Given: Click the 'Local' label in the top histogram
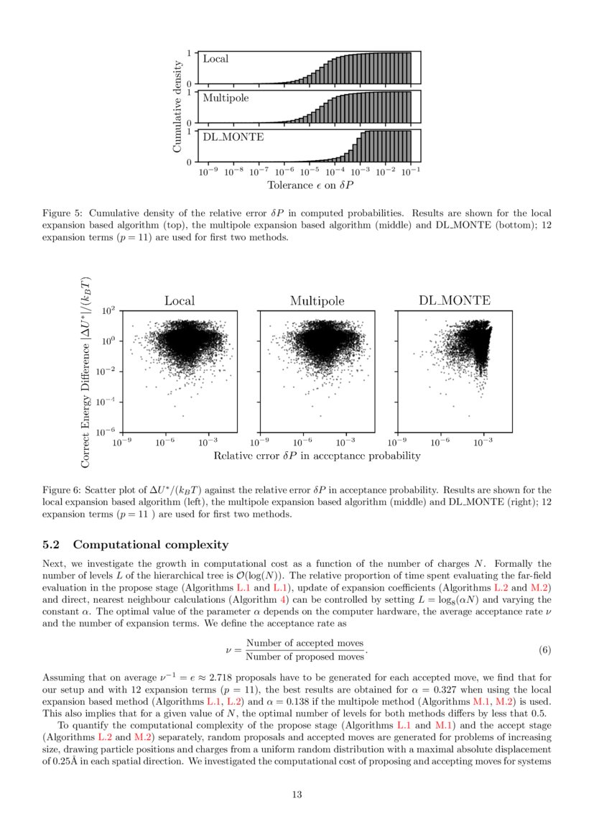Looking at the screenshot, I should tap(215, 59).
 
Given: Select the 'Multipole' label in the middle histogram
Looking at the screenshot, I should tap(226, 98).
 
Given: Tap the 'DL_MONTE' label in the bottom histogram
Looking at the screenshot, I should tap(233, 137).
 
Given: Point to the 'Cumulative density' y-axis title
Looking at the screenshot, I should tap(177, 106).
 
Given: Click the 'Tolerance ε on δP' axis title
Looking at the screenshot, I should tap(310, 185).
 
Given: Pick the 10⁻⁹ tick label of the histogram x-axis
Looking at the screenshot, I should tap(208, 172).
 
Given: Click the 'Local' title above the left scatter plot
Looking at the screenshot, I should tap(179, 301).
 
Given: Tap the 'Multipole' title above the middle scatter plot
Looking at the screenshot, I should tap(317, 301).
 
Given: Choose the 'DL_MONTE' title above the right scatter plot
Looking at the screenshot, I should tap(455, 301).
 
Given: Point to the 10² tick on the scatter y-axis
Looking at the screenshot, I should tap(110, 311).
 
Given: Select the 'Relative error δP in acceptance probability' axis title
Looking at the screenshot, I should tap(317, 456).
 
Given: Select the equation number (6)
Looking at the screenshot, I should tap(544, 650).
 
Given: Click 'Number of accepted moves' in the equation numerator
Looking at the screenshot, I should tap(305, 643).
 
